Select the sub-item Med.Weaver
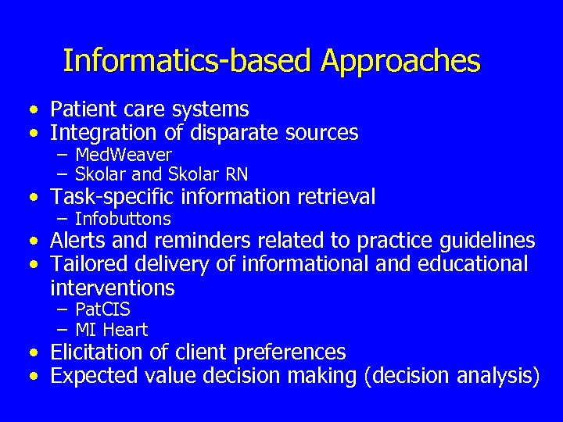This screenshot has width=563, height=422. click(x=124, y=155)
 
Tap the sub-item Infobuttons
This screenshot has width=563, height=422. click(x=123, y=219)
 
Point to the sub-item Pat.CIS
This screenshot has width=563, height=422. click(x=102, y=310)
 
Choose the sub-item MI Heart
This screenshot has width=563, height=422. click(x=111, y=330)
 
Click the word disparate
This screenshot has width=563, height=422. click(x=240, y=133)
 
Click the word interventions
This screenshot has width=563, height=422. click(x=113, y=288)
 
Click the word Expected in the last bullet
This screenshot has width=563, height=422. click(x=95, y=376)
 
